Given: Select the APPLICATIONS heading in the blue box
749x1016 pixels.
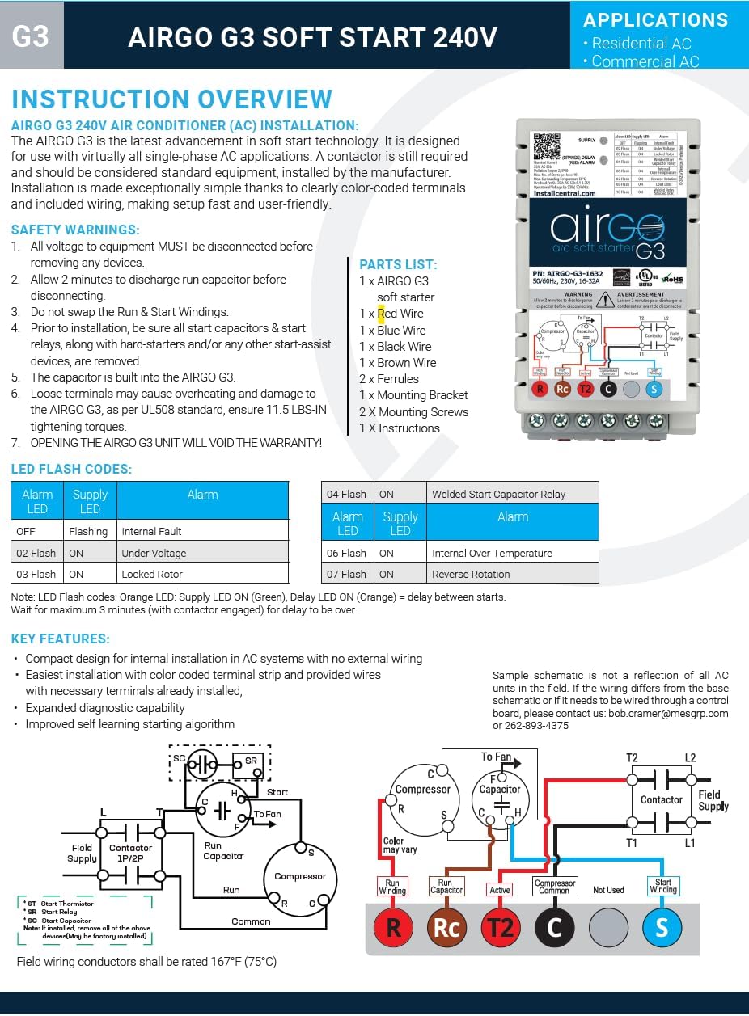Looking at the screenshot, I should point(655,20).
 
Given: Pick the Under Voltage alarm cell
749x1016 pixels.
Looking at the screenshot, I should point(154,553).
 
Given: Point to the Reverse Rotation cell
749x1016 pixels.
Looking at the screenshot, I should point(471,574).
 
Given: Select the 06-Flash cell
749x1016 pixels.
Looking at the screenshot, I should point(346,553).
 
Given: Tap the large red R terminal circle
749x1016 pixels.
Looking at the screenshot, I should point(393,927).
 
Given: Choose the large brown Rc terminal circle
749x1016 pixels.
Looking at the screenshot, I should point(446,927).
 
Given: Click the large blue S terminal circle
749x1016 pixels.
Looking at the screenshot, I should point(662,927).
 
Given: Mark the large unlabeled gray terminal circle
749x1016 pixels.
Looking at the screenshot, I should point(607,927).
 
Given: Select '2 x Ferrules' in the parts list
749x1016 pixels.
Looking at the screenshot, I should point(389,379).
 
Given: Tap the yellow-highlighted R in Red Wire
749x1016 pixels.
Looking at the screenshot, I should point(381,314).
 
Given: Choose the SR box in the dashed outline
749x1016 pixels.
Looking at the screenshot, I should point(251,761).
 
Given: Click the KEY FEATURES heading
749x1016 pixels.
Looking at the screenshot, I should point(61,639).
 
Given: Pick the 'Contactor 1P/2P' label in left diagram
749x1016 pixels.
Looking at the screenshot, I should point(130,854).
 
